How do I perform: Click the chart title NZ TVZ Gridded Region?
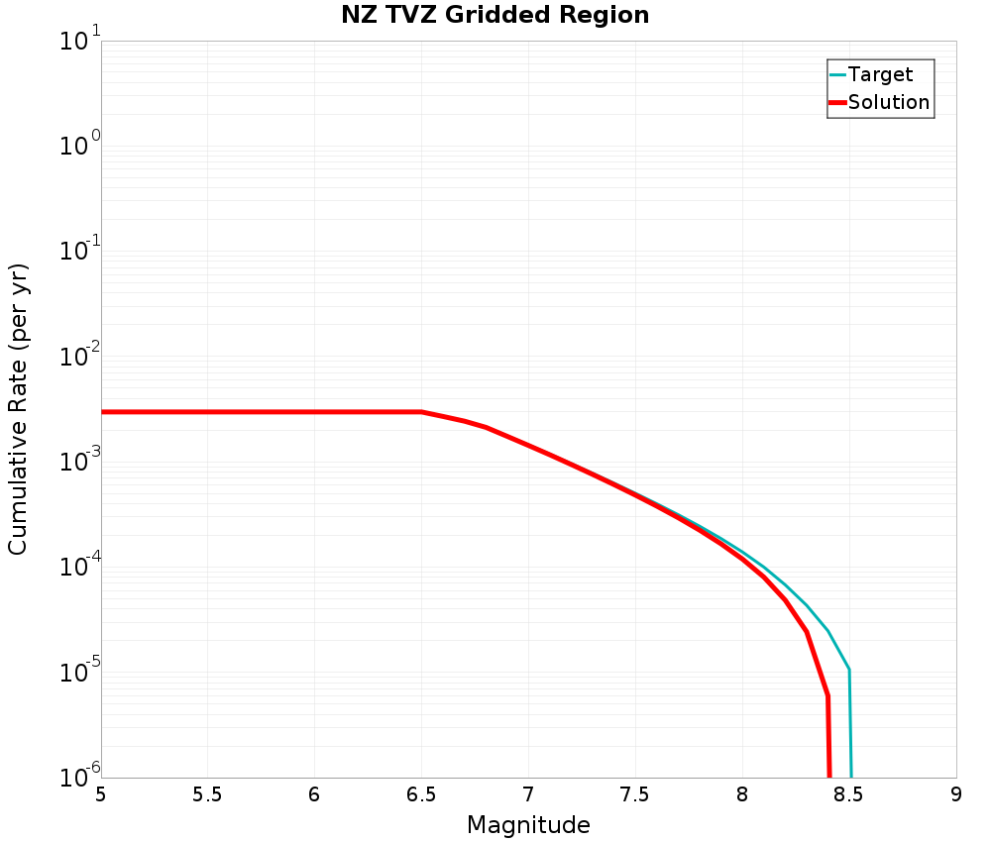pyautogui.click(x=495, y=15)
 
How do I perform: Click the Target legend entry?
pyautogui.click(x=880, y=74)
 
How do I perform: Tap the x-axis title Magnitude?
pyautogui.click(x=528, y=825)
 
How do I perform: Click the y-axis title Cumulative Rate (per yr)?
pyautogui.click(x=19, y=409)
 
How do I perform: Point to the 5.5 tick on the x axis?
pyautogui.click(x=207, y=795)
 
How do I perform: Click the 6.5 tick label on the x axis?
pyautogui.click(x=421, y=795)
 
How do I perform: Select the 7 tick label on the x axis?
pyautogui.click(x=528, y=795)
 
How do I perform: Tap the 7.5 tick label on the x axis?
pyautogui.click(x=635, y=795)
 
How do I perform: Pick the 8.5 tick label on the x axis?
pyautogui.click(x=849, y=795)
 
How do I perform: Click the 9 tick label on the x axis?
pyautogui.click(x=956, y=795)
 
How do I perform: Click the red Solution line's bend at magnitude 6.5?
pyautogui.click(x=421, y=411)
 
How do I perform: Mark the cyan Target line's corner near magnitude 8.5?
pyautogui.click(x=849, y=670)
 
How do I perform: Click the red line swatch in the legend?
pyautogui.click(x=837, y=102)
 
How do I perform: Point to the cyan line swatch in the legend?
pyautogui.click(x=837, y=74)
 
